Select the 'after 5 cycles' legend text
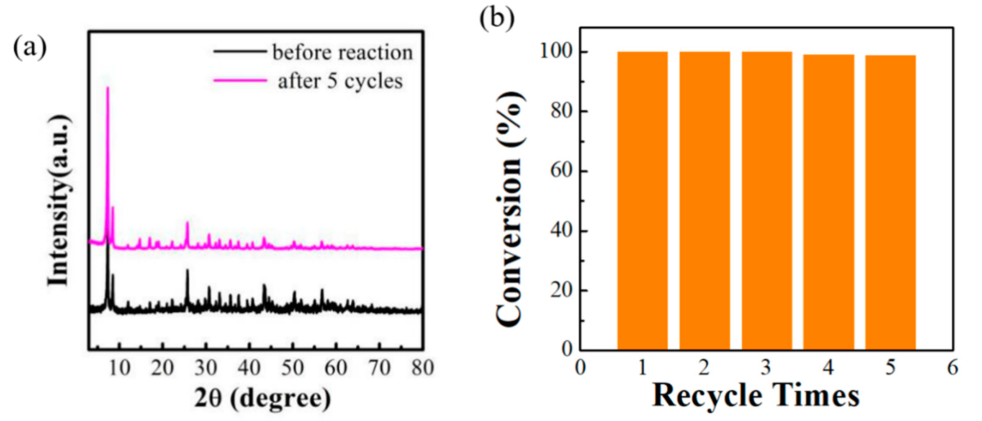point(340,81)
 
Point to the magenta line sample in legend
point(240,80)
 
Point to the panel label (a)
point(30,49)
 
